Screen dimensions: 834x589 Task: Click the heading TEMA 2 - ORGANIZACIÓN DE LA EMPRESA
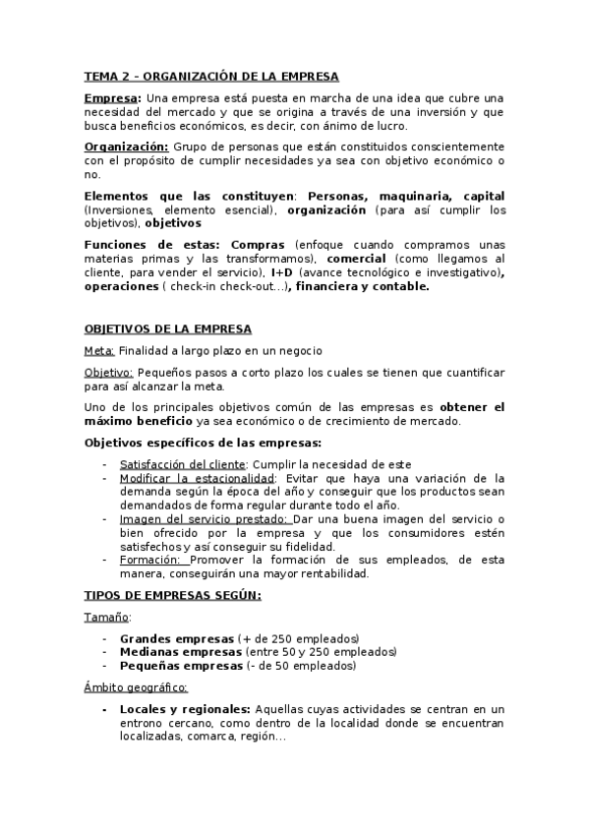tap(210, 76)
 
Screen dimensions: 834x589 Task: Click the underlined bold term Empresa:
tap(113, 98)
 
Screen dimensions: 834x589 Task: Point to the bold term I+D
tap(281, 271)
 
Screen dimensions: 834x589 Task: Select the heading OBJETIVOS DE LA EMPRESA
tap(167, 328)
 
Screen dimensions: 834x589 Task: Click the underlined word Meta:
tap(100, 351)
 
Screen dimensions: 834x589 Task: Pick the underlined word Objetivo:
tap(108, 373)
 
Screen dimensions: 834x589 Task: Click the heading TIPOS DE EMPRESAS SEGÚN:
tap(173, 596)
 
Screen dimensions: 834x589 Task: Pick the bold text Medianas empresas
tap(180, 652)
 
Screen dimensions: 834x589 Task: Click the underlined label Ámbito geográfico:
tap(136, 687)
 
